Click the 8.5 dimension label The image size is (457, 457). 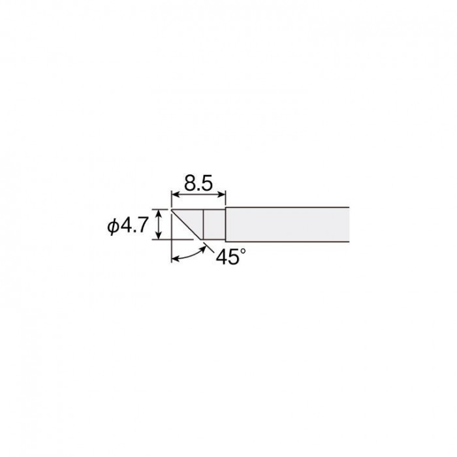(x=198, y=183)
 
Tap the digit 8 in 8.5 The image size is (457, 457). (x=191, y=183)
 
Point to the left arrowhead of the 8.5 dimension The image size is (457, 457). (x=174, y=194)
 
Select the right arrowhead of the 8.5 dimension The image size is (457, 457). (x=223, y=194)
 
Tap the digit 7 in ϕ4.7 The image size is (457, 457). (x=142, y=225)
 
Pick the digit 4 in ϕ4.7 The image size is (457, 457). (x=125, y=225)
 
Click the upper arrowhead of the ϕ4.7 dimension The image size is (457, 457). (x=159, y=213)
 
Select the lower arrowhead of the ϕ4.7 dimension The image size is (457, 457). (x=159, y=236)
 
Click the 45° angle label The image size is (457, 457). (x=231, y=256)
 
